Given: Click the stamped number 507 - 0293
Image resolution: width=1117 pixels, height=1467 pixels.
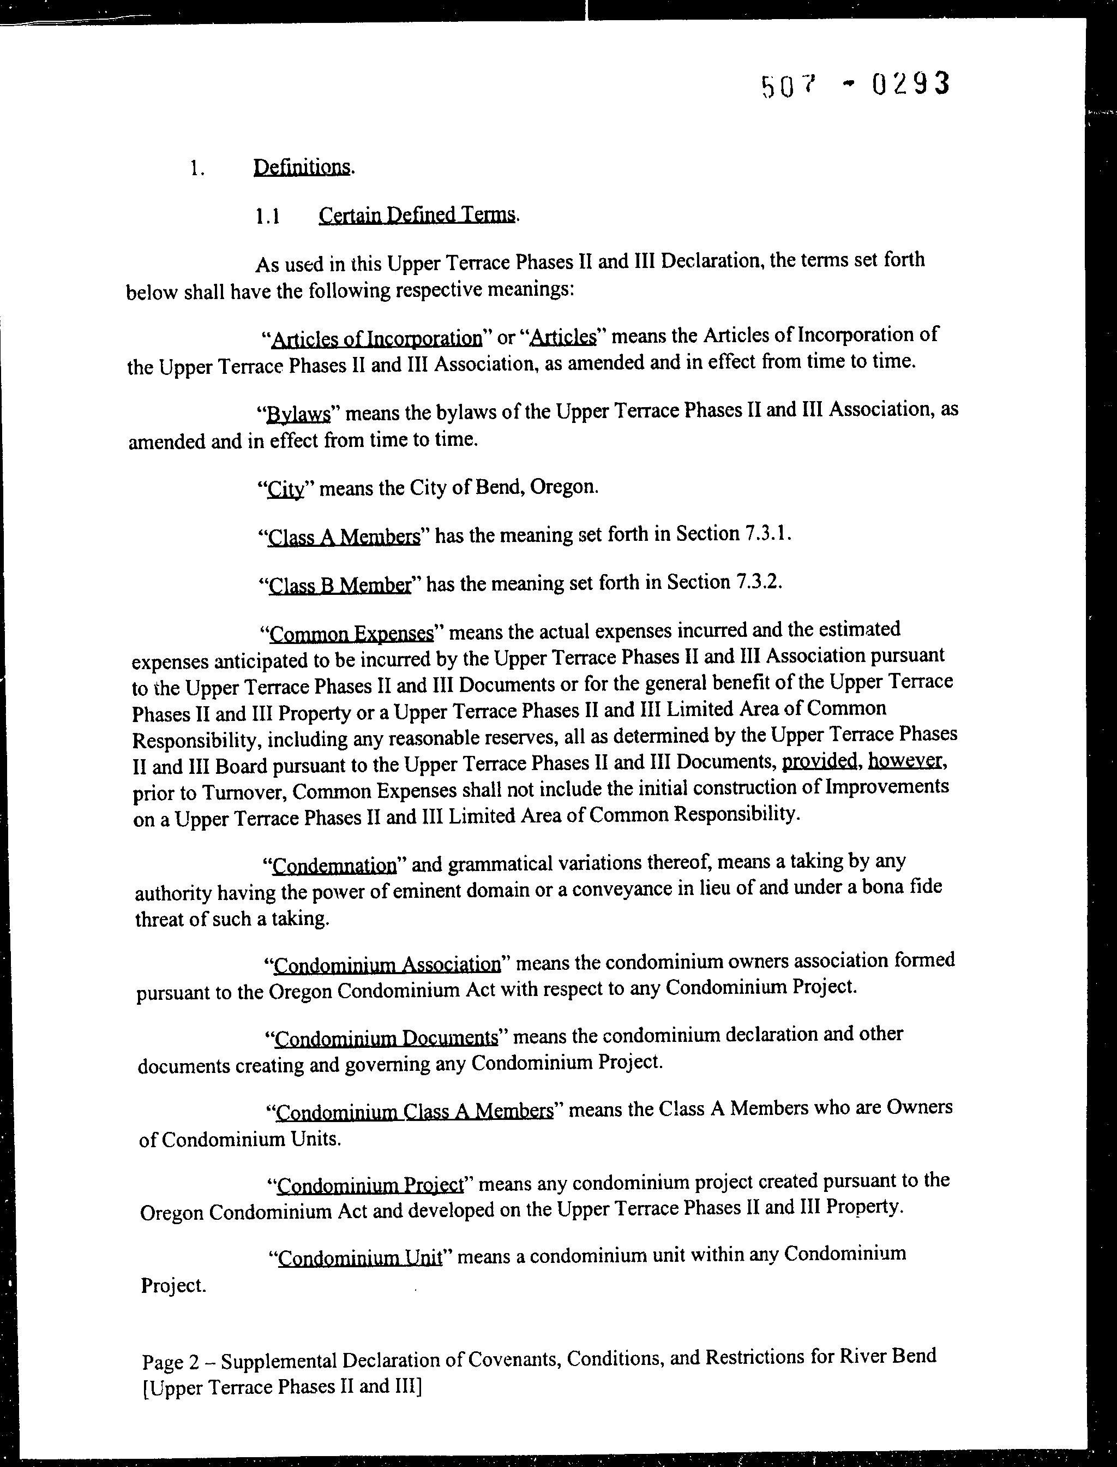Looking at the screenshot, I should [x=855, y=86].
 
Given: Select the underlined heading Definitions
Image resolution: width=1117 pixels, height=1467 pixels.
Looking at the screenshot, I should [x=303, y=167].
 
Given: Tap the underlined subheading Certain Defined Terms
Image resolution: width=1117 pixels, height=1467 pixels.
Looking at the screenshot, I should [x=417, y=215].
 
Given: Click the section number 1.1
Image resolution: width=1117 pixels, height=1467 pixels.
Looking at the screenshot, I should [x=267, y=217].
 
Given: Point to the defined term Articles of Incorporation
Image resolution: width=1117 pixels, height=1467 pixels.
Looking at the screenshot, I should [x=376, y=338].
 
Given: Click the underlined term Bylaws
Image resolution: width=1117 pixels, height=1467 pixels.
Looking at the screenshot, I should [x=298, y=414].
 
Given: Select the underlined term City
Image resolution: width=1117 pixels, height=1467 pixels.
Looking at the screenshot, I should [x=285, y=490].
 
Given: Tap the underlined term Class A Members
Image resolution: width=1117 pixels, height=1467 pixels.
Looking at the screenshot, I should [x=344, y=537].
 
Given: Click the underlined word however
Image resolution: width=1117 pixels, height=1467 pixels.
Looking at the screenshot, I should [x=905, y=760].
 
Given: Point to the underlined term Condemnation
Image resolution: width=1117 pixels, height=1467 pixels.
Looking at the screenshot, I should [x=334, y=866].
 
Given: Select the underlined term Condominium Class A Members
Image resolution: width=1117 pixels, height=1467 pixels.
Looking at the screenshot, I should [x=414, y=1112].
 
